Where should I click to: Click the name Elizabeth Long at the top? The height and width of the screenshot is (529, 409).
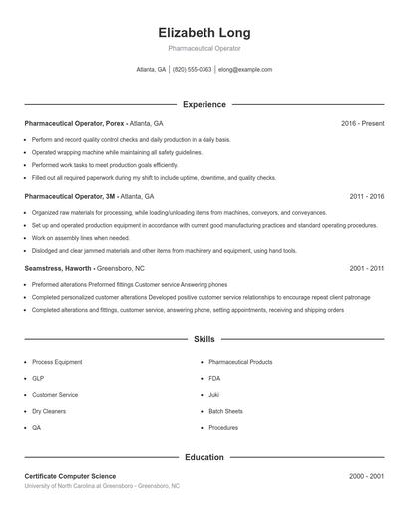[x=204, y=32]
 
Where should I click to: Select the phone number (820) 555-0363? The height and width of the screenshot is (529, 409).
[x=192, y=70]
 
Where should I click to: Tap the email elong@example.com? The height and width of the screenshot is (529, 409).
[x=245, y=70]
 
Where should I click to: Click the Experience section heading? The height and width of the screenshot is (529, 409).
[x=204, y=104]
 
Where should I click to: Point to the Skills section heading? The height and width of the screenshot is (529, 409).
[x=204, y=340]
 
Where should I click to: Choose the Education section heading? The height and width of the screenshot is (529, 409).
[x=204, y=458]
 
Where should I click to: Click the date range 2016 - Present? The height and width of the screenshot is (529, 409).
[x=362, y=123]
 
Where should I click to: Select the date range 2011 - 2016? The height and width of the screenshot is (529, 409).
[x=366, y=197]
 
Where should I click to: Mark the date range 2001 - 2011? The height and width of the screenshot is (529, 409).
[x=366, y=269]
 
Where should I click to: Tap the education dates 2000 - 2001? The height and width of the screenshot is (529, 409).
[x=366, y=477]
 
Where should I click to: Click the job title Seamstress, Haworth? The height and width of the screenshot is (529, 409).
[x=59, y=269]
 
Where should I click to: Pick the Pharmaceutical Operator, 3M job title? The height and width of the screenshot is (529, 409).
[x=70, y=197]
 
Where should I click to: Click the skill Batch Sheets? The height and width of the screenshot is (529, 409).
[x=226, y=411]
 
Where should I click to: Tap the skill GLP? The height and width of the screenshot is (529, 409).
[x=38, y=379]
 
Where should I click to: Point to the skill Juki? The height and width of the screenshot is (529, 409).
[x=214, y=395]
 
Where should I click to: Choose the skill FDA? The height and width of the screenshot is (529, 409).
[x=215, y=379]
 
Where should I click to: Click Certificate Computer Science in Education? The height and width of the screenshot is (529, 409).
[x=70, y=477]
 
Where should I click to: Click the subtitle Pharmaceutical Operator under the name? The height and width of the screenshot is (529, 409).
[x=204, y=48]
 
